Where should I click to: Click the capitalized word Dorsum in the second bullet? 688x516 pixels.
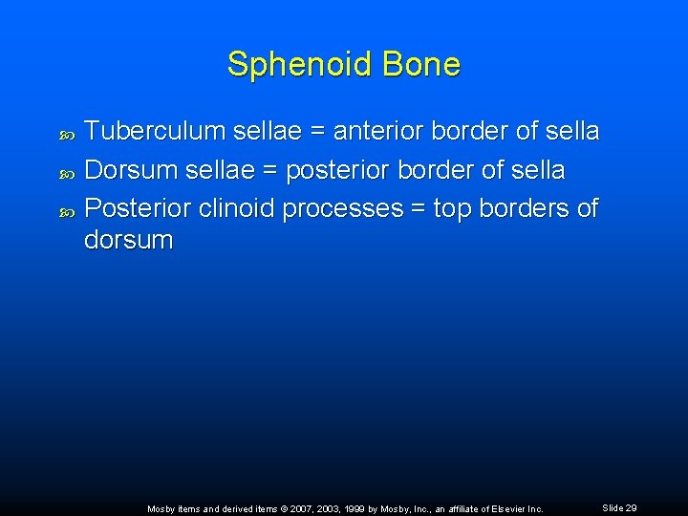click(130, 171)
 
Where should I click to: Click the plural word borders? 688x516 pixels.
click(528, 209)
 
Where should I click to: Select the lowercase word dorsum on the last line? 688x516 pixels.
click(129, 240)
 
